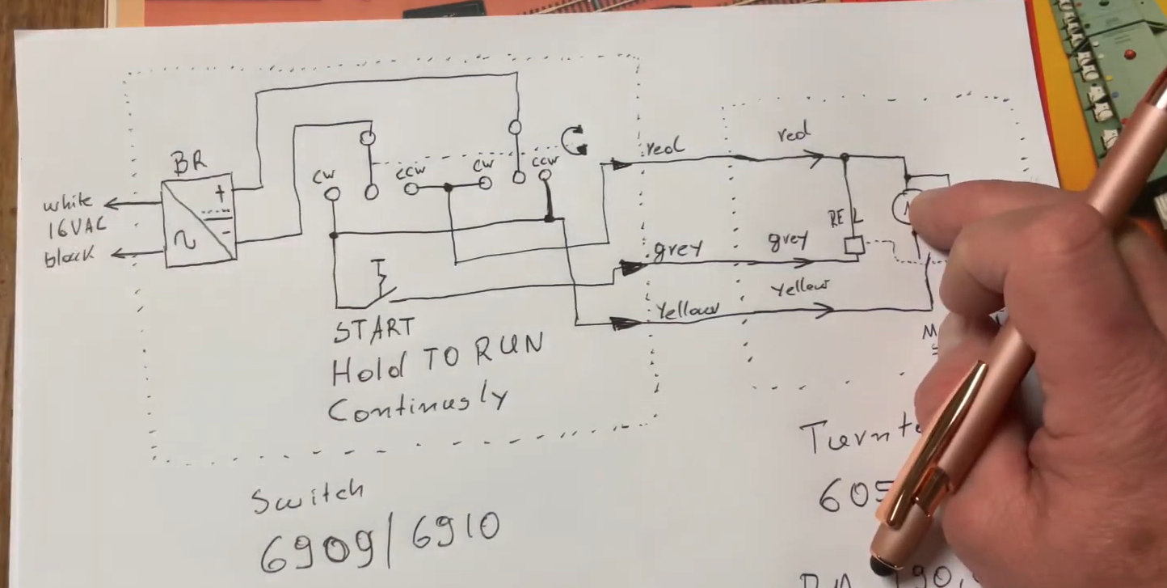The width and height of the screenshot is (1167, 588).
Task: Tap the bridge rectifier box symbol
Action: pos(199,221)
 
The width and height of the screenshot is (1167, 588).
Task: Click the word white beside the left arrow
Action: pos(68,201)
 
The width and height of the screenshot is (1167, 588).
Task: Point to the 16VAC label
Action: pos(70,229)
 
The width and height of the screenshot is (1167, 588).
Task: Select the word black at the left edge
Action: pos(70,257)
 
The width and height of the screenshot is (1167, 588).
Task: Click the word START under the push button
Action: pos(374,329)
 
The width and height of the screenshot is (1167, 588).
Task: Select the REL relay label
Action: pos(845,217)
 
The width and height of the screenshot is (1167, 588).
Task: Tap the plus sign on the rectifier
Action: pos(220,192)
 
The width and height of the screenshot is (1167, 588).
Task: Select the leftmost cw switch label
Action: pos(327,175)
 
